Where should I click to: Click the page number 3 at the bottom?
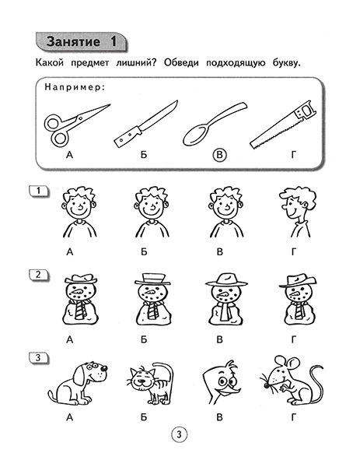coord(179,434)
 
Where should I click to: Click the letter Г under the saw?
coord(293,156)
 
